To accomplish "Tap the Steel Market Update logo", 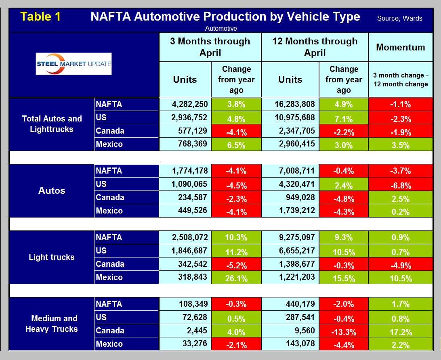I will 73,64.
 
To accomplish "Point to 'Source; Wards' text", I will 399,18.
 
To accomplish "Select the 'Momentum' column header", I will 400,47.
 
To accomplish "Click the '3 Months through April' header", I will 210,47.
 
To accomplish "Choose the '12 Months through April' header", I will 315,47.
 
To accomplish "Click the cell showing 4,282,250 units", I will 185,104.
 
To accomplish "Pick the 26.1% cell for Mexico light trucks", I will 236,278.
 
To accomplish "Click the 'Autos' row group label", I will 52,190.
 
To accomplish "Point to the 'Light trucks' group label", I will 52,257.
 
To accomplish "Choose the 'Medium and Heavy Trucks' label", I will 52,324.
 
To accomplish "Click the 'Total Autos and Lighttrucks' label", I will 52,124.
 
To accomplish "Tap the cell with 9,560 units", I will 290,331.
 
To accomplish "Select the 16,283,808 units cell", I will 290,104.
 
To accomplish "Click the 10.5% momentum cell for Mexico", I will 400,278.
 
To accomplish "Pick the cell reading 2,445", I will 185,331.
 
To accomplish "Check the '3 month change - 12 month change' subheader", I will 400,80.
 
